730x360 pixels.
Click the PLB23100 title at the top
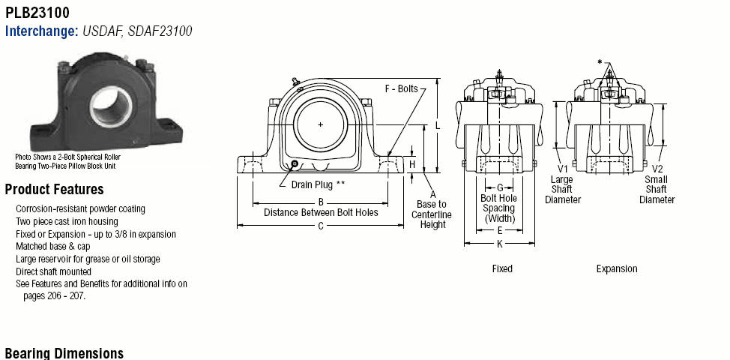37,13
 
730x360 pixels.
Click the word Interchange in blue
41,31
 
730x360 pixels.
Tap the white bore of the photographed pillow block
111,106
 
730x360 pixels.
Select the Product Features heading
55,190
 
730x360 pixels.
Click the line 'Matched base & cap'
53,246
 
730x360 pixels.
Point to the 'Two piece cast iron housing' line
67,221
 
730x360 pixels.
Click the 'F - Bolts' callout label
401,88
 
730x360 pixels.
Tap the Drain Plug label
319,184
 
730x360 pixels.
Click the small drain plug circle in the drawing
295,163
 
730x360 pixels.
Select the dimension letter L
438,126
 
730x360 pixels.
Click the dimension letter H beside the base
412,164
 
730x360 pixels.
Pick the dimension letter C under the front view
321,226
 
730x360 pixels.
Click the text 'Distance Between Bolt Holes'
321,213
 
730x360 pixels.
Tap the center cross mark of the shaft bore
320,124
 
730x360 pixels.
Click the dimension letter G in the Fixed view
500,187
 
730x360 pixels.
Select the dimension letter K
500,244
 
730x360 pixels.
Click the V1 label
562,168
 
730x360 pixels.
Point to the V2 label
657,169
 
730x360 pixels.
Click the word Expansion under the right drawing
617,268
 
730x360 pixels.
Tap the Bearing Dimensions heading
64,353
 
